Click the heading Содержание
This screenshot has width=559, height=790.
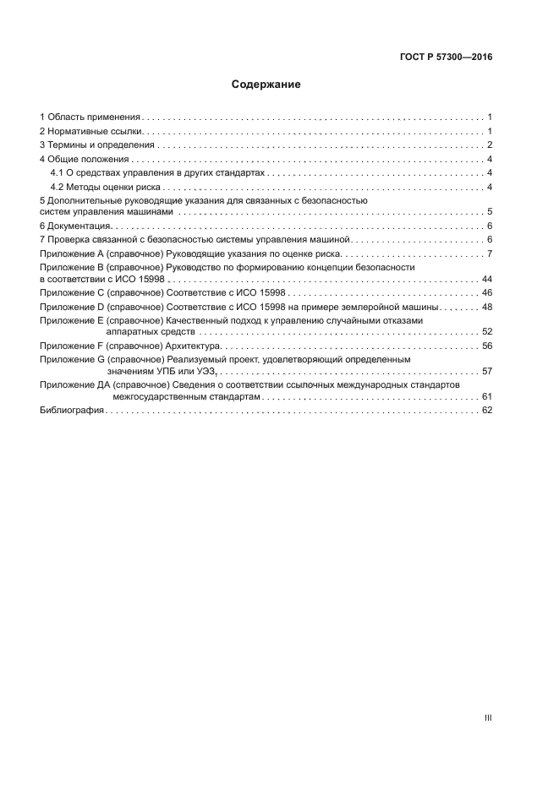click(x=266, y=84)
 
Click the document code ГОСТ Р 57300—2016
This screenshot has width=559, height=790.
click(x=446, y=57)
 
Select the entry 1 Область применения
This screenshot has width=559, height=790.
click(x=90, y=117)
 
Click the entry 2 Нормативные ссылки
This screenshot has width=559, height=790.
click(x=92, y=131)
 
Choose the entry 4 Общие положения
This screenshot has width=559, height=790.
click(x=84, y=159)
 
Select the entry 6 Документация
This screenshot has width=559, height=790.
click(x=75, y=226)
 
